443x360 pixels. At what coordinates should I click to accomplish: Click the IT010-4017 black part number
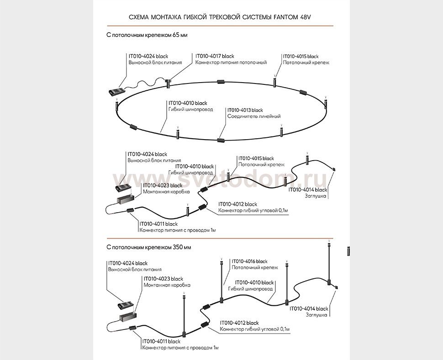point(214,56)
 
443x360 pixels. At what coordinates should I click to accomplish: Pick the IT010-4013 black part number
point(245,110)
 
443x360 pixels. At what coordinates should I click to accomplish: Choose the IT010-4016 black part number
point(249,261)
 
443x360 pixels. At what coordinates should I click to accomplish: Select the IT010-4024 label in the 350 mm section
point(127,263)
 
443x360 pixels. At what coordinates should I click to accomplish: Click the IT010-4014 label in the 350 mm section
point(309,308)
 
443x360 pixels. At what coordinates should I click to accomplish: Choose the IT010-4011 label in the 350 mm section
point(161,341)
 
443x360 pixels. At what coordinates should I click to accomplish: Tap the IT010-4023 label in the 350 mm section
point(163,278)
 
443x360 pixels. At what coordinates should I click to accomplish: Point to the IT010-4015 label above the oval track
point(301,56)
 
